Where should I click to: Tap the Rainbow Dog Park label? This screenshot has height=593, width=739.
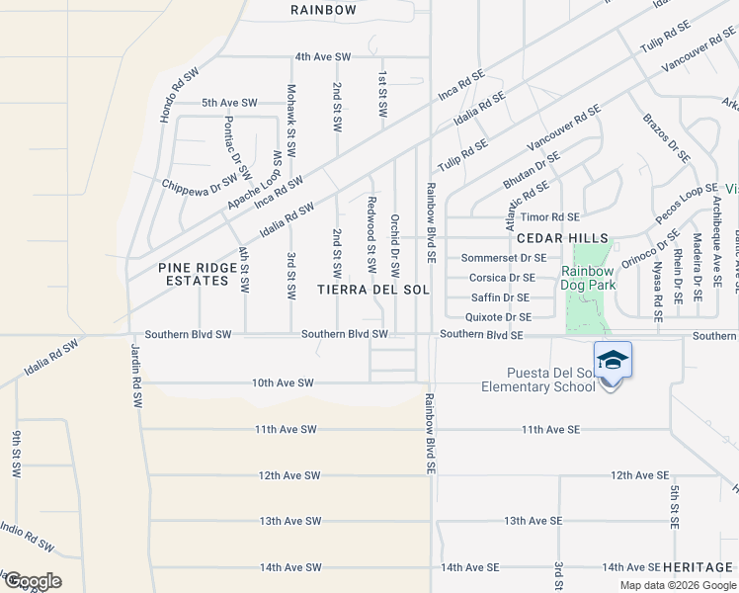[x=589, y=278]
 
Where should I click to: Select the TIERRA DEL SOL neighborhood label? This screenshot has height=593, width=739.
[x=373, y=289]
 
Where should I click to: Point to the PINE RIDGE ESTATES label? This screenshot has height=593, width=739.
[x=194, y=274]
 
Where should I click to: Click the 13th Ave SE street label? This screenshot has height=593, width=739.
[x=533, y=520]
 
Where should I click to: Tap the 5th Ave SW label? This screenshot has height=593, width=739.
[x=229, y=102]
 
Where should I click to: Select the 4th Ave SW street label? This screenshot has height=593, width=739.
[x=324, y=56]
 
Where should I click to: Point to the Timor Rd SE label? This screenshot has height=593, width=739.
[x=550, y=216]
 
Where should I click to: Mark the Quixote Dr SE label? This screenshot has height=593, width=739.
[x=499, y=317]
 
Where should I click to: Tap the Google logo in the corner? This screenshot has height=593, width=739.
[x=32, y=581]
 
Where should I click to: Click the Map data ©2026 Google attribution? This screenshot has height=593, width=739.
[x=677, y=585]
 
